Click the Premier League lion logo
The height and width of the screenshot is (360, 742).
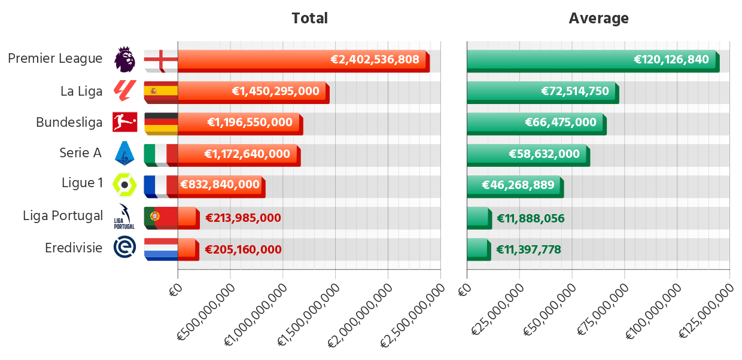(124, 59)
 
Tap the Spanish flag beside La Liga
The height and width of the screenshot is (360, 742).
(160, 91)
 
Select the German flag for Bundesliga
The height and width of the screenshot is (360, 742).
(160, 123)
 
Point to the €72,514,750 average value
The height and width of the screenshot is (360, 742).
(574, 91)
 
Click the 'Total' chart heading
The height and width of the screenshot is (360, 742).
(309, 19)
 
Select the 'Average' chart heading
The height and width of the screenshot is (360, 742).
(598, 19)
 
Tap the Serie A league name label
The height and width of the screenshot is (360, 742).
(80, 153)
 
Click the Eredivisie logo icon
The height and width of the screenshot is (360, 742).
(124, 248)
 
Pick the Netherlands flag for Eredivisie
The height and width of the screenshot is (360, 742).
(160, 248)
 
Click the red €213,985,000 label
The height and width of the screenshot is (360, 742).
(243, 218)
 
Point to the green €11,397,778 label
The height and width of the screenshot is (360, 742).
(528, 249)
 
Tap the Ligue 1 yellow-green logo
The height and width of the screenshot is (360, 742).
(124, 184)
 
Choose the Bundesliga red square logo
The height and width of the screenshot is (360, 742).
(124, 122)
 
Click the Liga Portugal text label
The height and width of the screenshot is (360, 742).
(63, 216)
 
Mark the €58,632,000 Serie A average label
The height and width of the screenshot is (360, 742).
(544, 154)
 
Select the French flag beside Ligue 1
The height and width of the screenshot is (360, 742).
(160, 185)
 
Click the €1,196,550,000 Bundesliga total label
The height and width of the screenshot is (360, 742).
(250, 123)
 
